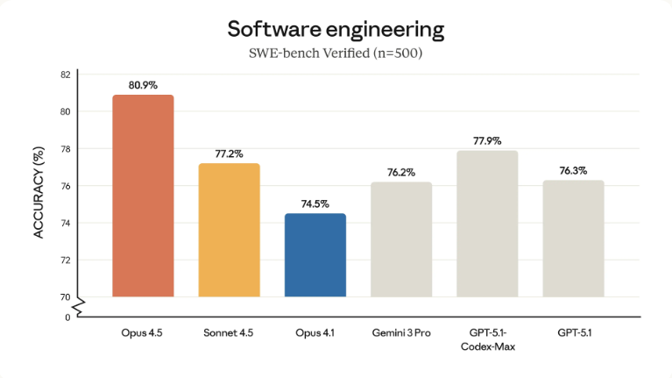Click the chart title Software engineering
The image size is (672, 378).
point(336,29)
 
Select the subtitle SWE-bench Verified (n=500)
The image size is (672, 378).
point(336,55)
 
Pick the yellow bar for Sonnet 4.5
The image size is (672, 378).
point(229,230)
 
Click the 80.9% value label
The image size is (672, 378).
point(143,86)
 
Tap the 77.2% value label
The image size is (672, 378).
point(229,154)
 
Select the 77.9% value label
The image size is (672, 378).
point(487,141)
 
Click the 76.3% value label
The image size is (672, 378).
point(573,171)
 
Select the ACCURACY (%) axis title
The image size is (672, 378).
point(39,194)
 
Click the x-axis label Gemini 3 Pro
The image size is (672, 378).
point(400,334)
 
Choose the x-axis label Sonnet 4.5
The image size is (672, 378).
point(229,334)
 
